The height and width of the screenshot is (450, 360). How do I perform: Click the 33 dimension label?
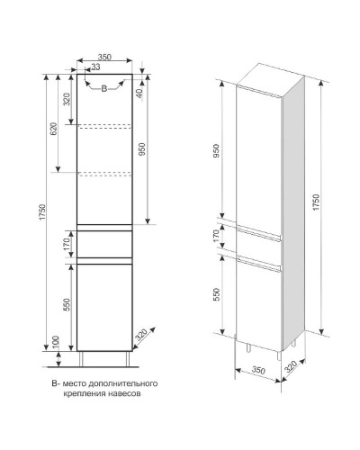(95, 67)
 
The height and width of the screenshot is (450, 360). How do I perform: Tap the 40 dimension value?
(139, 94)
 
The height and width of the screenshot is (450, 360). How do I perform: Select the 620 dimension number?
(54, 129)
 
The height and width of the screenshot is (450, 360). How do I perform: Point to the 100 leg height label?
(56, 342)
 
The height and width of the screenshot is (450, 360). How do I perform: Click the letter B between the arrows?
(103, 88)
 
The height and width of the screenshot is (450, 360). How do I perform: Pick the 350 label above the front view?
(104, 57)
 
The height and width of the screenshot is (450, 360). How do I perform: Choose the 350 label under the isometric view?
(258, 370)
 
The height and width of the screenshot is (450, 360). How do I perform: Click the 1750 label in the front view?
(41, 212)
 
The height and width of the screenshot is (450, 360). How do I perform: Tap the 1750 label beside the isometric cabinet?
(316, 202)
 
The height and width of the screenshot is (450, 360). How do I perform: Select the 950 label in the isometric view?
(217, 151)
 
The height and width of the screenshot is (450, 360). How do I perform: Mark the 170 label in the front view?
(67, 244)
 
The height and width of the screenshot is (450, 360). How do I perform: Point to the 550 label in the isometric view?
(217, 294)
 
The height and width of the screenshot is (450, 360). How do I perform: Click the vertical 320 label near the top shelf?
(67, 99)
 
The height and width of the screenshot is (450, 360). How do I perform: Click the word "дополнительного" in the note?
(123, 383)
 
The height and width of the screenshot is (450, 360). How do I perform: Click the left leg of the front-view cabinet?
(81, 359)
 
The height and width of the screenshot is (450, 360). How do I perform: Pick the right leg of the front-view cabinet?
(128, 359)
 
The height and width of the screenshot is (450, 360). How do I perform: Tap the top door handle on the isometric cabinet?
(258, 92)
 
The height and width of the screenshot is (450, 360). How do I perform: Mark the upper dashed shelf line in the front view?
(104, 126)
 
